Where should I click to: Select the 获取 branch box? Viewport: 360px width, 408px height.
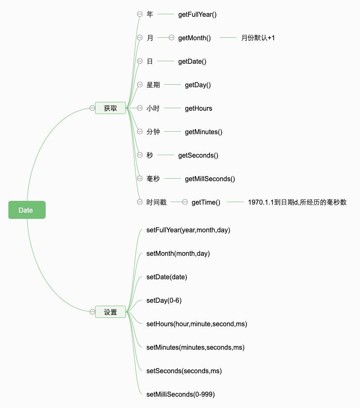pyautogui.click(x=110, y=108)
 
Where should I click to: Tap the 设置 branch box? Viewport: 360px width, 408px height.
pyautogui.click(x=110, y=312)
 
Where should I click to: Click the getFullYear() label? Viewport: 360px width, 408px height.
pyautogui.click(x=197, y=14)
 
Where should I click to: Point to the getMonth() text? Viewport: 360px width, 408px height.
pyautogui.click(x=194, y=38)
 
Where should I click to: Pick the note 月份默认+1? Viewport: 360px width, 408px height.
pyautogui.click(x=258, y=38)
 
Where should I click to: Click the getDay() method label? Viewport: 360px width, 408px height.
pyautogui.click(x=198, y=85)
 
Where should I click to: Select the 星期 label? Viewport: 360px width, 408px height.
pyautogui.click(x=153, y=85)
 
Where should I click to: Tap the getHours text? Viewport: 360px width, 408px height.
pyautogui.click(x=199, y=108)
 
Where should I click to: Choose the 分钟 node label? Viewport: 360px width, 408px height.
pyautogui.click(x=153, y=132)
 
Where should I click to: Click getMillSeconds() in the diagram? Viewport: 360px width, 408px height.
pyautogui.click(x=210, y=179)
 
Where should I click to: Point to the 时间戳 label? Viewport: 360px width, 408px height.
pyautogui.click(x=156, y=202)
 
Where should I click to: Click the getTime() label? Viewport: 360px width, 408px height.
pyautogui.click(x=206, y=202)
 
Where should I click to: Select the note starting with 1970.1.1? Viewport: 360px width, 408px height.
pyautogui.click(x=297, y=202)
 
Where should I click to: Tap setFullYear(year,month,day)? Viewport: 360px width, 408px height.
pyautogui.click(x=188, y=230)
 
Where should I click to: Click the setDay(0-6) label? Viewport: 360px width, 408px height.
pyautogui.click(x=164, y=300)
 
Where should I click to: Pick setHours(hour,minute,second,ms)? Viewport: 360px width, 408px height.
pyautogui.click(x=197, y=324)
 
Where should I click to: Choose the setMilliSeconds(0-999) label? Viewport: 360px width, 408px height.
pyautogui.click(x=181, y=394)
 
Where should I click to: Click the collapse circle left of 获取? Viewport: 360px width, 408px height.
pyautogui.click(x=92, y=108)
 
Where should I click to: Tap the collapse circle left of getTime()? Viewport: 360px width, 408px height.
pyautogui.click(x=185, y=202)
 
